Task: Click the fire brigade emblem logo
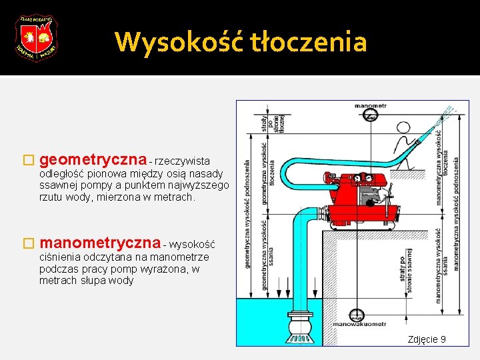[x=36, y=38]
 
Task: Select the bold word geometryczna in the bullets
[x=93, y=160]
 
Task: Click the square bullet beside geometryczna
[x=27, y=161]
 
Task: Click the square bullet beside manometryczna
[x=27, y=245]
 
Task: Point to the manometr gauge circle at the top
[x=371, y=117]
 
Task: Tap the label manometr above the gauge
[x=371, y=105]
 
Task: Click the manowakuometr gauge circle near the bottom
[x=359, y=315]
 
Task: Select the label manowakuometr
[x=360, y=324]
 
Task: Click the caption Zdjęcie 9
[x=427, y=340]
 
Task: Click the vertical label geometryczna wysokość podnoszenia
[x=247, y=213]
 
